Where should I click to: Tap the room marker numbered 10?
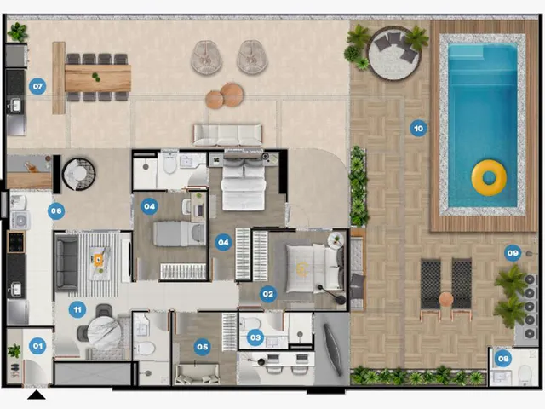[418, 129]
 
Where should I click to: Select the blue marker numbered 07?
[37, 86]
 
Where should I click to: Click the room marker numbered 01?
[37, 346]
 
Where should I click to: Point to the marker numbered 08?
[503, 358]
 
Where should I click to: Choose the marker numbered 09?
[513, 253]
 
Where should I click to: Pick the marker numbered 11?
[77, 309]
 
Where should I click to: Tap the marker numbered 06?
[56, 210]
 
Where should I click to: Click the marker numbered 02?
[268, 294]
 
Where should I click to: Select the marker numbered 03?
[255, 337]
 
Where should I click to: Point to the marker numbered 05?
[202, 347]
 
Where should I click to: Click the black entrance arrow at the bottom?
[37, 395]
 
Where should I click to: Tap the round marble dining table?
[104, 333]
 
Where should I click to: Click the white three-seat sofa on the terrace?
[227, 135]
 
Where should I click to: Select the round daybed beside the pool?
[393, 54]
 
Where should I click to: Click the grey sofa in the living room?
[67, 262]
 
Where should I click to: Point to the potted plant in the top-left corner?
[17, 32]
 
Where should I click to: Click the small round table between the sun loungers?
[445, 299]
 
